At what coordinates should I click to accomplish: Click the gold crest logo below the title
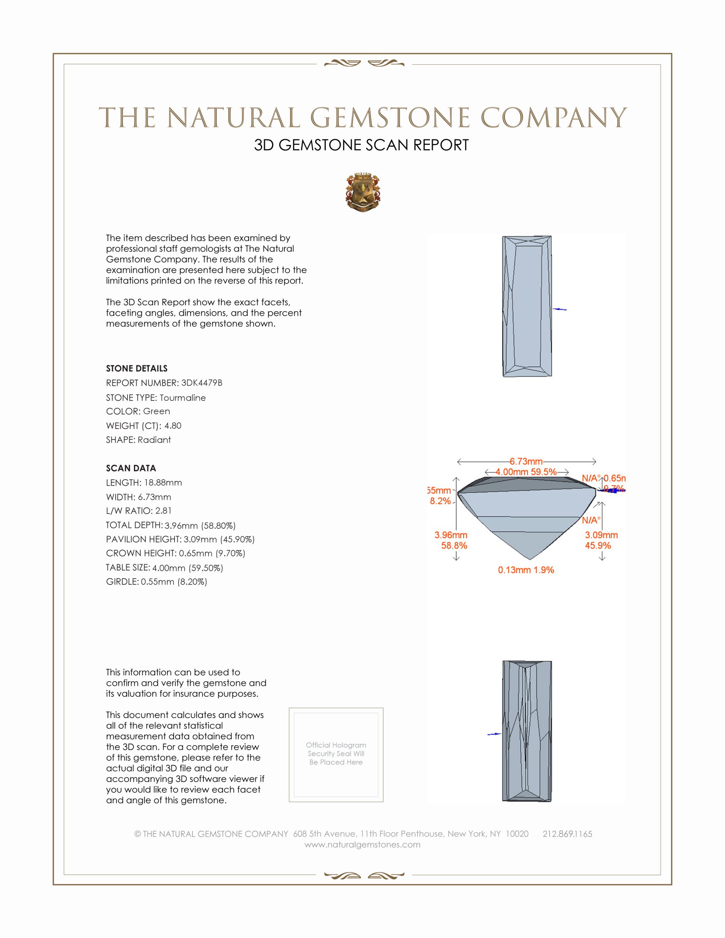362,192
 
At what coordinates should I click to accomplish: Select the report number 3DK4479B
201,383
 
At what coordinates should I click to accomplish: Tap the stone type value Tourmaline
183,398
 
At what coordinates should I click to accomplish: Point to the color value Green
157,411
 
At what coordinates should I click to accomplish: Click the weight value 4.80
173,426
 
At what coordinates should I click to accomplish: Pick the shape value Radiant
154,440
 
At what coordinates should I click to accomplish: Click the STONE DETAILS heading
136,368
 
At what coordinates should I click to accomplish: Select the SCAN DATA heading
131,468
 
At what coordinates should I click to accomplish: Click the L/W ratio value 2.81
163,511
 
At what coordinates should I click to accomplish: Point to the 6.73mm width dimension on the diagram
526,461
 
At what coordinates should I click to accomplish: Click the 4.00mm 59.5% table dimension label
526,472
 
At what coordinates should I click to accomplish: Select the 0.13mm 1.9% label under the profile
526,570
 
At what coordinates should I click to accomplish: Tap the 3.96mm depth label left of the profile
450,535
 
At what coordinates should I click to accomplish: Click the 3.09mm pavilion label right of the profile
601,535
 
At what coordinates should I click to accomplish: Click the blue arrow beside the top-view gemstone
559,309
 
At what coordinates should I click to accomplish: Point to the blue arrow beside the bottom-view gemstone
494,734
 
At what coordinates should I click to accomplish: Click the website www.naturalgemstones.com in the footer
362,845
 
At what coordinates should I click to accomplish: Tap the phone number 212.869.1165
567,834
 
